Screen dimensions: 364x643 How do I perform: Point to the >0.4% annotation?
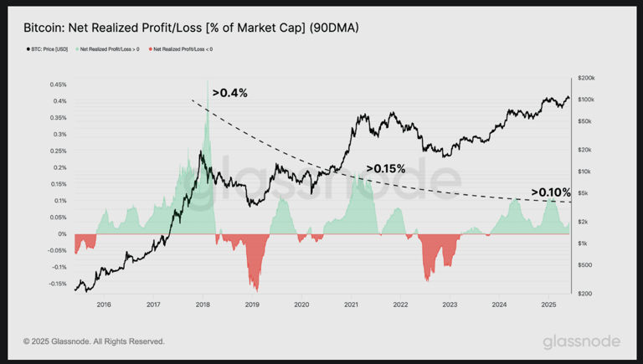pos(229,93)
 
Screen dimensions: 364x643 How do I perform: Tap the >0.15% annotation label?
pos(386,169)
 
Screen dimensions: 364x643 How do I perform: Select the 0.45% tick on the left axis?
pos(58,85)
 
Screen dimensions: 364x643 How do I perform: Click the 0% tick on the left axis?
pos(62,234)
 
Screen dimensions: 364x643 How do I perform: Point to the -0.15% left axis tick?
pos(56,284)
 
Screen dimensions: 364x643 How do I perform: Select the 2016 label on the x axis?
pos(104,305)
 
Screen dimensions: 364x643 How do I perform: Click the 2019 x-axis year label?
pos(252,305)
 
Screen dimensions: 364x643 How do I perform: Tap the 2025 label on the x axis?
pos(548,305)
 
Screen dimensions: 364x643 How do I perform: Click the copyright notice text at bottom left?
pos(94,341)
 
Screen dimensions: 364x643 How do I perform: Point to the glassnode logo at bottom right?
pos(581,341)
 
